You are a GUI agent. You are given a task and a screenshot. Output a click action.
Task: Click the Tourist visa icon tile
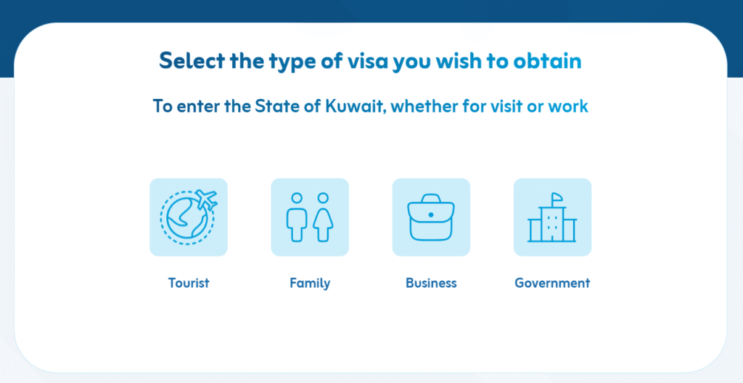point(189,217)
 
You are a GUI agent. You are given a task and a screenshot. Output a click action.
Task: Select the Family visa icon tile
point(310,217)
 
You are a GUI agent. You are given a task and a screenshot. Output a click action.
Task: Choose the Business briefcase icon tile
point(431,217)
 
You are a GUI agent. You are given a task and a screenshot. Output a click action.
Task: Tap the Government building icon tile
point(552,217)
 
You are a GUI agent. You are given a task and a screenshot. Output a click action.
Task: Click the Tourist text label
point(189,283)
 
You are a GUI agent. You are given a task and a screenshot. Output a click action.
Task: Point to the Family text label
point(310,283)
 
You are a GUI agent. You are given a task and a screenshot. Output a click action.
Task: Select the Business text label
point(431,283)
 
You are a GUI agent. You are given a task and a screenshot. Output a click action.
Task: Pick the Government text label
point(552,283)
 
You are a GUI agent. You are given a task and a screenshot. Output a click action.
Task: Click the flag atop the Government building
point(557,197)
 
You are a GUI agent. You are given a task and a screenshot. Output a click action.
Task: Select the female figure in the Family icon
point(322,217)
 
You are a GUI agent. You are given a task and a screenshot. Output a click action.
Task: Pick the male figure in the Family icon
point(296,217)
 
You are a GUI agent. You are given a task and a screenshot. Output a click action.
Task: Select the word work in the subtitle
point(568,106)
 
